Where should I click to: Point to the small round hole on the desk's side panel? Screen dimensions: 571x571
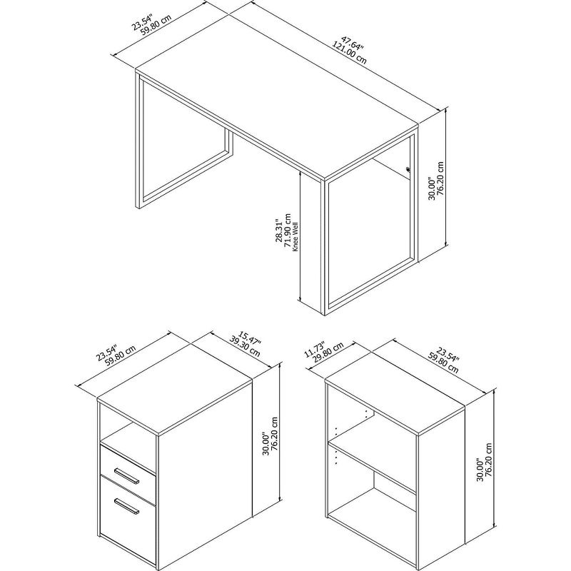(408, 169)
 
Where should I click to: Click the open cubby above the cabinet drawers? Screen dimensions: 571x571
(127, 432)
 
